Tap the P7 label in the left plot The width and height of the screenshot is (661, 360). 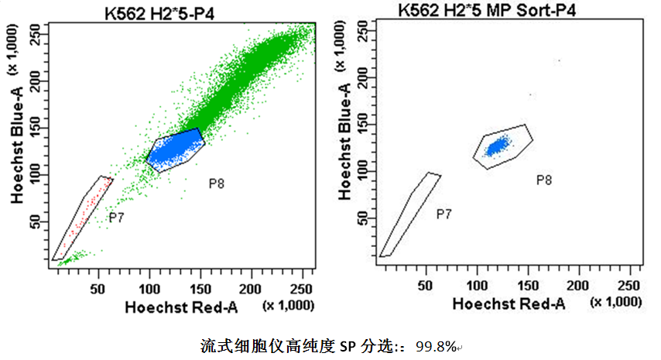[116, 218]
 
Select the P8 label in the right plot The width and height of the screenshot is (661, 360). [544, 180]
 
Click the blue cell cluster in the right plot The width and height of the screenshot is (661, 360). [497, 144]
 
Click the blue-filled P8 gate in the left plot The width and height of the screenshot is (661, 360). [175, 149]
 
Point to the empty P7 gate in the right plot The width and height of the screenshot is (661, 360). [411, 213]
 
